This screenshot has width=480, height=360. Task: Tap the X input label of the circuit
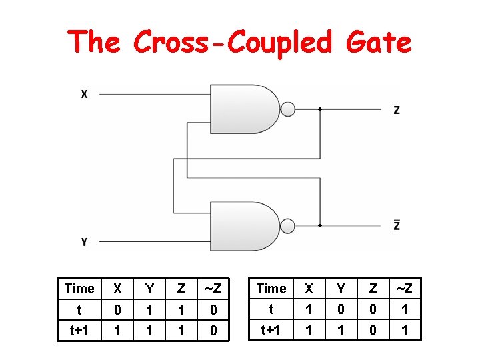pyautogui.click(x=84, y=95)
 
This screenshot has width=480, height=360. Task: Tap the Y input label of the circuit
pyautogui.click(x=84, y=241)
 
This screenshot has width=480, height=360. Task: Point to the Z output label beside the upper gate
pyautogui.click(x=397, y=110)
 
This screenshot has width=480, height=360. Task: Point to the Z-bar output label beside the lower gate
pyautogui.click(x=397, y=225)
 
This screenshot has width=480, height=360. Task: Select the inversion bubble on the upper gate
pyautogui.click(x=287, y=109)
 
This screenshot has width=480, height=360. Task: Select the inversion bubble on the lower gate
pyautogui.click(x=287, y=226)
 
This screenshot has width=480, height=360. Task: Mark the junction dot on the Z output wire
pyautogui.click(x=321, y=109)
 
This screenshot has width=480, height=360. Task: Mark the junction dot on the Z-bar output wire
pyautogui.click(x=321, y=226)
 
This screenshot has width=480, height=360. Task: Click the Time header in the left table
pyautogui.click(x=79, y=289)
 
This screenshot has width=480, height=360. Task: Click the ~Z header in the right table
pyautogui.click(x=403, y=289)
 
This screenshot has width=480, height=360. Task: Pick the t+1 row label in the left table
pyautogui.click(x=79, y=330)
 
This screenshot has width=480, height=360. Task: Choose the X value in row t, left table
pyautogui.click(x=118, y=310)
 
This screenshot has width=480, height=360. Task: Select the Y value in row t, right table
pyautogui.click(x=341, y=309)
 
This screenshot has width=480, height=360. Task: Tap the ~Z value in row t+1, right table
pyautogui.click(x=403, y=330)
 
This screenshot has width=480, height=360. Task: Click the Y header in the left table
pyautogui.click(x=149, y=289)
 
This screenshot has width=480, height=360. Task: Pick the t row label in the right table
pyautogui.click(x=271, y=309)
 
